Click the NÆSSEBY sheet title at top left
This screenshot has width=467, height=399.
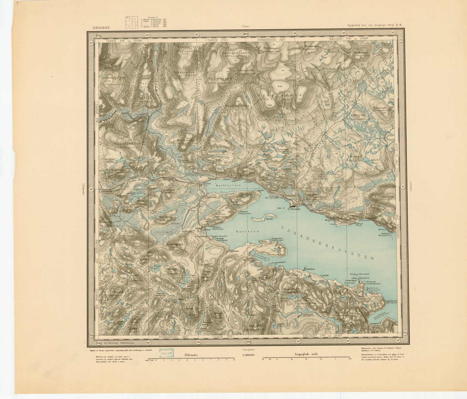tap(101, 28)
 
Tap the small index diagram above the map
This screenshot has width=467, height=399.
tap(132, 23)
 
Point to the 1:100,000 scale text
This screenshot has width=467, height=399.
tap(248, 355)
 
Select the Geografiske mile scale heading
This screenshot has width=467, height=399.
tap(306, 354)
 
